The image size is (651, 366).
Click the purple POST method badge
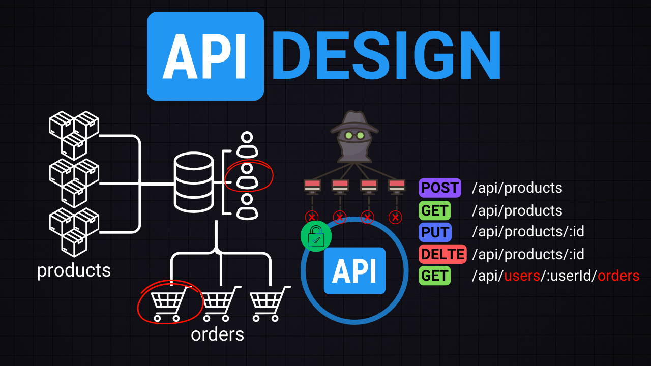(440, 188)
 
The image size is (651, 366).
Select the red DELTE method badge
(442, 254)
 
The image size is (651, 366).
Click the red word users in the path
(521, 276)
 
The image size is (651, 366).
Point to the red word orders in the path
(618, 276)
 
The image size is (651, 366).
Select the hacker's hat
(354, 122)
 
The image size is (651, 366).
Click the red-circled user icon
(248, 176)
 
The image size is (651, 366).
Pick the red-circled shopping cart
(168, 304)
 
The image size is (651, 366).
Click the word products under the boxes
(74, 270)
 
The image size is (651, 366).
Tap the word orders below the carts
(217, 334)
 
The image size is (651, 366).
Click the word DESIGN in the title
(387, 55)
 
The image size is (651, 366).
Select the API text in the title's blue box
(205, 56)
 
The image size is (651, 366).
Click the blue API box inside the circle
(354, 271)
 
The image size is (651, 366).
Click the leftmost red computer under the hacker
(312, 186)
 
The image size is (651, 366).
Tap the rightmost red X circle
(395, 218)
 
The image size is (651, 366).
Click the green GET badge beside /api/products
(435, 210)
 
